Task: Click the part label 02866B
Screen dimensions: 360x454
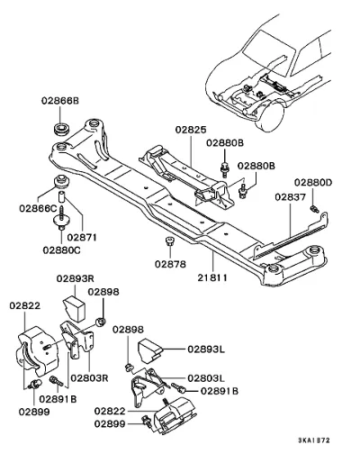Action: [60, 101]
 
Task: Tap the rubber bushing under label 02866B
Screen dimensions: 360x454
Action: [62, 130]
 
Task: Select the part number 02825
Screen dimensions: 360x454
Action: [191, 130]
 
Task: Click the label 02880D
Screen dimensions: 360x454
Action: [313, 182]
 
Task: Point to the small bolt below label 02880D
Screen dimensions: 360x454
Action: [314, 209]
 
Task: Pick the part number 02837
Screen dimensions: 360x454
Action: [291, 197]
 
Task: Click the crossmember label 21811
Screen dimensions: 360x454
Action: [212, 277]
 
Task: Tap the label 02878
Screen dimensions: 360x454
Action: [170, 264]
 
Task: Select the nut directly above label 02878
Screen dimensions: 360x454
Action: [170, 241]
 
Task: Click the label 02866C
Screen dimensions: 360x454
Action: [38, 208]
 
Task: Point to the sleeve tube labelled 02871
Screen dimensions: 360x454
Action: [61, 197]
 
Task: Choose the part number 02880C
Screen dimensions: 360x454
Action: [61, 250]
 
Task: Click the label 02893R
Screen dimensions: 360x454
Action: [76, 278]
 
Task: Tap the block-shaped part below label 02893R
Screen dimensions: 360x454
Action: [74, 308]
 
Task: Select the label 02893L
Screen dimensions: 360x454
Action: [206, 350]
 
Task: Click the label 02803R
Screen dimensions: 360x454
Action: [89, 377]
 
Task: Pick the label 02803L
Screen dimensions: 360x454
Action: [206, 378]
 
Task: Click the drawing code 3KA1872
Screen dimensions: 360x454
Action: [314, 440]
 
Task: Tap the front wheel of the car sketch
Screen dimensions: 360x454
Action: [269, 116]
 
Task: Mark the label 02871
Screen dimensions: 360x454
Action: [82, 238]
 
